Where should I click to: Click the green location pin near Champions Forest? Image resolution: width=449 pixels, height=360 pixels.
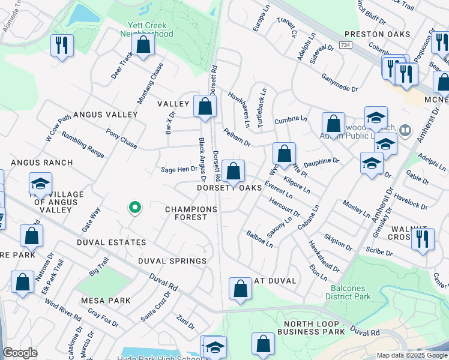(x=135, y=208)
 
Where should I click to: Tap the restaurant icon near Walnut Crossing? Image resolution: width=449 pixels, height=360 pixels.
(x=423, y=239)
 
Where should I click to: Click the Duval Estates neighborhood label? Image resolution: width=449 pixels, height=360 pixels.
(x=111, y=242)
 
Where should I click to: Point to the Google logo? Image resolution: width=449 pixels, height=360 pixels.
(x=20, y=353)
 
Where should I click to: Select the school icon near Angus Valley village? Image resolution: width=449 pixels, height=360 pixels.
(x=40, y=184)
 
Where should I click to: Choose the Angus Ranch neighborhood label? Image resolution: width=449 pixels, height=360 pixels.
(x=41, y=163)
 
